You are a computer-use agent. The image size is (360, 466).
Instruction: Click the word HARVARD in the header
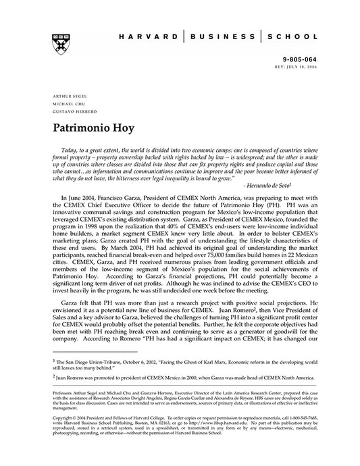tap(147, 36)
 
